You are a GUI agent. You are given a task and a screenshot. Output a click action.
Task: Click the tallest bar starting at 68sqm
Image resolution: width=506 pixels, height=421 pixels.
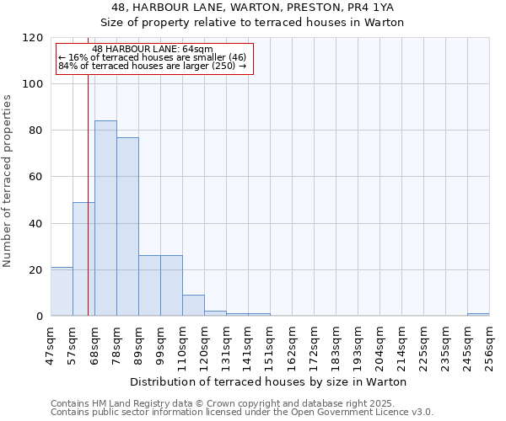(105, 218)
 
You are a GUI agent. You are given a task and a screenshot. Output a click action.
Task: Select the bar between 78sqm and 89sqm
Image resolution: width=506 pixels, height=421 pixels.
(127, 226)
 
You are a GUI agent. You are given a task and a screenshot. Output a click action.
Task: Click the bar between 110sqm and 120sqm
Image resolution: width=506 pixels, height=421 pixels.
(193, 306)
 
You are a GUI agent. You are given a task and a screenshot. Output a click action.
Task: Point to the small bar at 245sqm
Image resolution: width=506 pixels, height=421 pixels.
(478, 314)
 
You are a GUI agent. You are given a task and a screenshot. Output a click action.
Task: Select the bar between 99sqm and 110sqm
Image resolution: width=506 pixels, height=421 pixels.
(171, 285)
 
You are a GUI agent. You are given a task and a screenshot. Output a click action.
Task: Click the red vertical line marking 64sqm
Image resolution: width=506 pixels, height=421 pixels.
(88, 210)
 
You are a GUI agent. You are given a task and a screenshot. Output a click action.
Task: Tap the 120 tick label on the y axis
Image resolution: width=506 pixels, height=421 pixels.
(33, 38)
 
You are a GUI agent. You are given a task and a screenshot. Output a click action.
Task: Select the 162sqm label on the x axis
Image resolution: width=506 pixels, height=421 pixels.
(292, 345)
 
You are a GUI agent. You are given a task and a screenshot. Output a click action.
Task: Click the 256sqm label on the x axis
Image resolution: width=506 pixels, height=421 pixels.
(489, 345)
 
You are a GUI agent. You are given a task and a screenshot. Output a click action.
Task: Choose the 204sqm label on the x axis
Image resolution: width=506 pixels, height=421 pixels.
(379, 345)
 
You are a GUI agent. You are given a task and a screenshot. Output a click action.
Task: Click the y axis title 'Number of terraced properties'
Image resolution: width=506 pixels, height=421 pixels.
(8, 180)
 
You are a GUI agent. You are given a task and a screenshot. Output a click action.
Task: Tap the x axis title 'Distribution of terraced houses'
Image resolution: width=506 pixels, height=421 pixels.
(269, 381)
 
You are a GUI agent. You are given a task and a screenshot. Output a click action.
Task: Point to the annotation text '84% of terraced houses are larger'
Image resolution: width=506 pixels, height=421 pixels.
(153, 66)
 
